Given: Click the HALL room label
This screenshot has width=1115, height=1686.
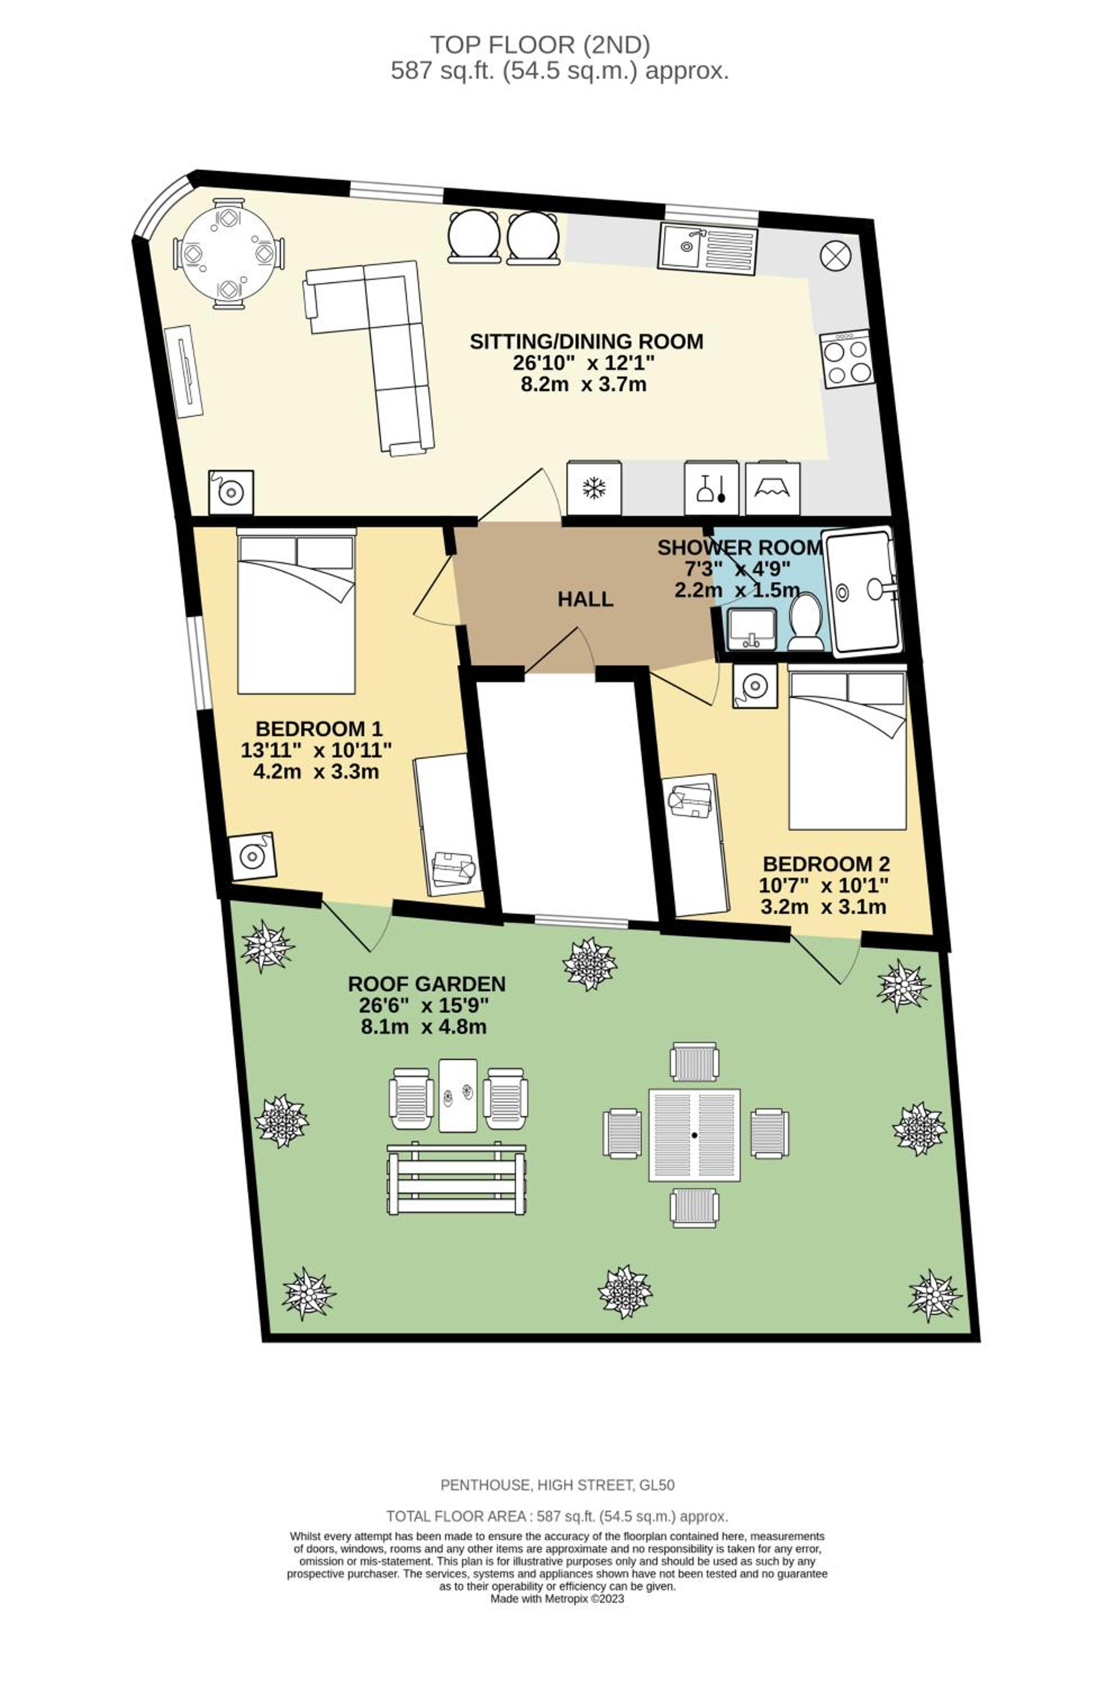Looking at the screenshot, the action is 584,600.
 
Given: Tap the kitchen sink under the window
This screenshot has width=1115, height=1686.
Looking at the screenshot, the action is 708,246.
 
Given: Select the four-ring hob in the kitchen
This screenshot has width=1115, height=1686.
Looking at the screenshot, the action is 847,360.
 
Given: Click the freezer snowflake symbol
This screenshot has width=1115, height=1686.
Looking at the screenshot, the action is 594,488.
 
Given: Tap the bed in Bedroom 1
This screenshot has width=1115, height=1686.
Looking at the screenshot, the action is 296,610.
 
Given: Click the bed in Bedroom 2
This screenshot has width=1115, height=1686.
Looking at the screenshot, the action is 847,747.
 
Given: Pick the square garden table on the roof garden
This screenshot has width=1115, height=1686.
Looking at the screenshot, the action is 695,1136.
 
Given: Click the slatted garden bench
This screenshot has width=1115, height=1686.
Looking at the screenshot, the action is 456,1180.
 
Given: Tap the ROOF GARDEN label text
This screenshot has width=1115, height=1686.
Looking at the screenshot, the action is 427,984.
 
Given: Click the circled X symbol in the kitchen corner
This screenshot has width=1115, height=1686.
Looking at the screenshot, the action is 836,255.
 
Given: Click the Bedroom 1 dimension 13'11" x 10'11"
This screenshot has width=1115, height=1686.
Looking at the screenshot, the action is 316,750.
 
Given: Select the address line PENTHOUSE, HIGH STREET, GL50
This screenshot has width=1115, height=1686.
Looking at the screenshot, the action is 557,1485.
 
